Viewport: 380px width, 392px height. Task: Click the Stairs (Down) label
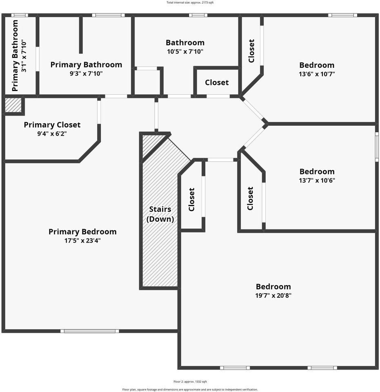[x=160, y=214]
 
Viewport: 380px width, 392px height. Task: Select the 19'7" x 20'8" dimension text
[x=273, y=295]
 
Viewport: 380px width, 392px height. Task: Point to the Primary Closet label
[x=52, y=125]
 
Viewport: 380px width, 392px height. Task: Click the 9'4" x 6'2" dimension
[x=52, y=134]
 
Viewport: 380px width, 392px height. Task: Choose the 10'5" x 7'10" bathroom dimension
[x=185, y=51]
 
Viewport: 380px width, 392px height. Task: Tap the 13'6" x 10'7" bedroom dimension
[x=317, y=74]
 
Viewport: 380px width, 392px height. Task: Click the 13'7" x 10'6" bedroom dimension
[x=317, y=180]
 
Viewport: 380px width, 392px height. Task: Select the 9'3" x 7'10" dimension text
[x=86, y=73]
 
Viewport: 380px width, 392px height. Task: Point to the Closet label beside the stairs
[x=191, y=199]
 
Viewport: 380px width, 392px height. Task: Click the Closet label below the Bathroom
[x=217, y=82]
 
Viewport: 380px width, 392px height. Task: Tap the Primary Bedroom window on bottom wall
[x=90, y=331]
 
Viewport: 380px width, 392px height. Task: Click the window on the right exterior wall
[x=377, y=147]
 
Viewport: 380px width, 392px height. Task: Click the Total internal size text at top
[x=190, y=2]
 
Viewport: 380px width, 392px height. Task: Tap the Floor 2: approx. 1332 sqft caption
[x=190, y=381]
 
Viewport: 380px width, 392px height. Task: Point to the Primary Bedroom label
[x=82, y=232]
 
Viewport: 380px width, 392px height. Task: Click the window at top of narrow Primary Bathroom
[x=19, y=16]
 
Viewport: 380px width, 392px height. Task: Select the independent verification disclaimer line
[x=190, y=389]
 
